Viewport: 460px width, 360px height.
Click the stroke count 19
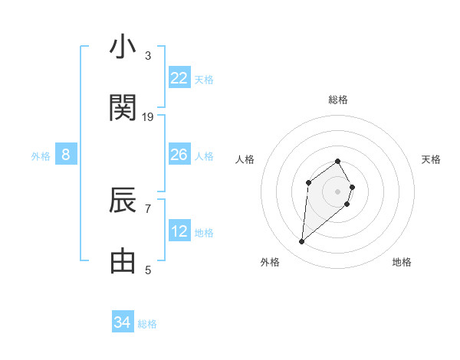coord(148,117)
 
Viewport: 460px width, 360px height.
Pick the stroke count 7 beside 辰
coord(148,208)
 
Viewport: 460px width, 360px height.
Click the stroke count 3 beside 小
coord(148,55)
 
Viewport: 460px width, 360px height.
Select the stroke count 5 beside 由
coord(148,270)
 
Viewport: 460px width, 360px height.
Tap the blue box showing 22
coord(179,78)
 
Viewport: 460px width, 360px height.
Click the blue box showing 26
coord(179,155)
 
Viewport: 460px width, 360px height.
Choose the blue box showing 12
coord(179,231)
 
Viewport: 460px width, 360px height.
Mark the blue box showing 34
coord(123,322)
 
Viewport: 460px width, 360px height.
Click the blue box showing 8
coord(66,155)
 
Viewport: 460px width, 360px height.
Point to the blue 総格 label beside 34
coord(147,324)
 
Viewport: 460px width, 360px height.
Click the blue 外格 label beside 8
coord(41,156)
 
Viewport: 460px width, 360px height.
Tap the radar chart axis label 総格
coord(338,100)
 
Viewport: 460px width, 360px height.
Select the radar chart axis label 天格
coord(432,159)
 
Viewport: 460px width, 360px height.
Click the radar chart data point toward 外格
coord(301,242)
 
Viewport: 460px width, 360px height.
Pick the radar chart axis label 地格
coord(402,262)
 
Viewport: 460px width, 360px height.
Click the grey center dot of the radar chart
coord(337,191)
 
